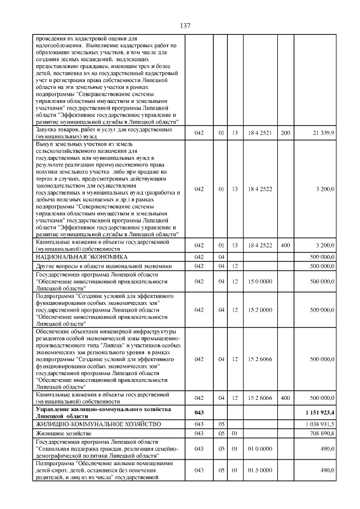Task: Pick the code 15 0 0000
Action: [x=260, y=282]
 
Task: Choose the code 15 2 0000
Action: [x=260, y=309]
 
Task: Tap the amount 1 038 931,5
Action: [x=320, y=424]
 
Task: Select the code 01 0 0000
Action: [x=260, y=448]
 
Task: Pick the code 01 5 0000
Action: [x=260, y=470]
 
